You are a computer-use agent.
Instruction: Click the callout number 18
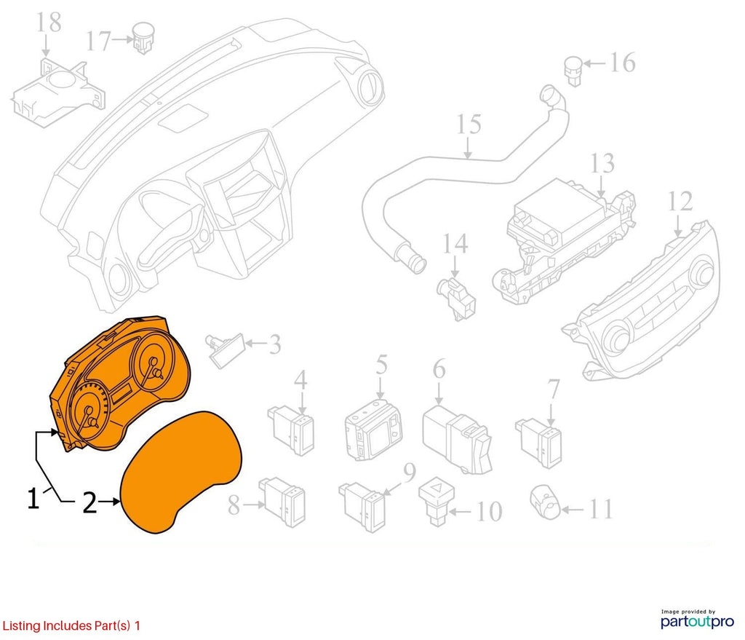[49, 23]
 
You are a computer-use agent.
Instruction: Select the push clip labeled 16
[573, 71]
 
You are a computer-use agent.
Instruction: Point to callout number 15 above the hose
[469, 124]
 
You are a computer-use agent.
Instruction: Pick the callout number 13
[602, 164]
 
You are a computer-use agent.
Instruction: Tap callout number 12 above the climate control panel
[680, 201]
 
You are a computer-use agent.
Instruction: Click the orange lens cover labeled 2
[181, 471]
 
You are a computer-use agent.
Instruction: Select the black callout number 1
[32, 498]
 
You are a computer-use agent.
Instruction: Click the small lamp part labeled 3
[225, 351]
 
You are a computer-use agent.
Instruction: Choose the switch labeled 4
[291, 430]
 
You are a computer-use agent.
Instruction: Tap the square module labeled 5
[373, 430]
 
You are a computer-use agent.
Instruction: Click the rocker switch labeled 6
[457, 439]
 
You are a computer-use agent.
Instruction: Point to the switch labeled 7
[539, 442]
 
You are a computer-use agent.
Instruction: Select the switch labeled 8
[282, 502]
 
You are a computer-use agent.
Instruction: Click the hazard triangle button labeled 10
[437, 501]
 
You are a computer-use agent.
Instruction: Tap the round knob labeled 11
[546, 502]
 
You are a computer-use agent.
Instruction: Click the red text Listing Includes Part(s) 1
[71, 625]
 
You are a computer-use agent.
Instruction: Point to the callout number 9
[410, 472]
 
